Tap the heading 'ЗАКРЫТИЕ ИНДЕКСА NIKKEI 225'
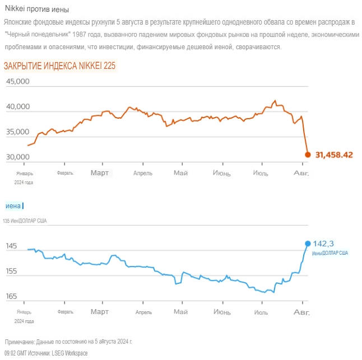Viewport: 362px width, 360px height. [x=59, y=66]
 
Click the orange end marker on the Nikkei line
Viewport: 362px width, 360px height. [x=308, y=155]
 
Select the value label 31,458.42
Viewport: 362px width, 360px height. [x=334, y=155]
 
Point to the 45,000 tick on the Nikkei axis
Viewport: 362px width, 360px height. [x=17, y=82]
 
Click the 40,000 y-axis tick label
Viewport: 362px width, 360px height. [x=17, y=107]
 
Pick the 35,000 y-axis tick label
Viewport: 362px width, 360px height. [x=17, y=132]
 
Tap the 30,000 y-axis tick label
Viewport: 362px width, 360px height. [x=17, y=157]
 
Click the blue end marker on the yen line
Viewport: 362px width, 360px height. [x=307, y=243]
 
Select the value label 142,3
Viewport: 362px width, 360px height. [x=323, y=243]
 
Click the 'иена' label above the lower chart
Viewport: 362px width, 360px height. [x=13, y=206]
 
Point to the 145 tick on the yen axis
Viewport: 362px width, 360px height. [x=11, y=246]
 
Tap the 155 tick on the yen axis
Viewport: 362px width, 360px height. [x=11, y=272]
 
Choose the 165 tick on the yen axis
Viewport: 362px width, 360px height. [x=11, y=297]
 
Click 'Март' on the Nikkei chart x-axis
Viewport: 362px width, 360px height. [x=100, y=172]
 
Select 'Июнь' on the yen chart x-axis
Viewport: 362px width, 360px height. [x=221, y=311]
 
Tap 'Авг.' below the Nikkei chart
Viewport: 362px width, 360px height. [x=301, y=172]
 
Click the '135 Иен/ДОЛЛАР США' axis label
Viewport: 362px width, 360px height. [x=25, y=221]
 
